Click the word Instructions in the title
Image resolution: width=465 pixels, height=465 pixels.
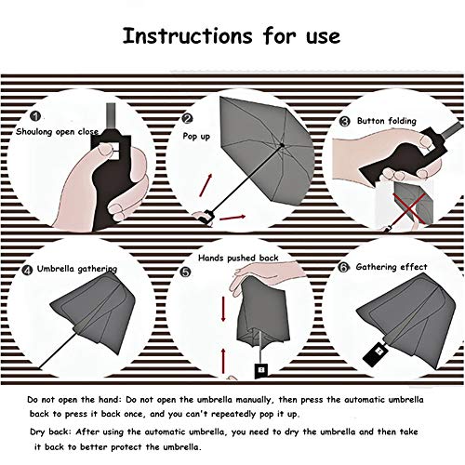click(188, 35)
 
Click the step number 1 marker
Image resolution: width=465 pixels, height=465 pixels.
click(35, 116)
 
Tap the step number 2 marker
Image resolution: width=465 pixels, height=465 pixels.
click(188, 118)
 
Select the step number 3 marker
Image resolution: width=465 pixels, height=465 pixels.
click(345, 121)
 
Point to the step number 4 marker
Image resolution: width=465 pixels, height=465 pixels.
click(27, 270)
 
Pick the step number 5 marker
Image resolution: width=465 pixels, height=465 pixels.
click(185, 272)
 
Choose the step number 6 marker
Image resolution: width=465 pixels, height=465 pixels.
click(343, 267)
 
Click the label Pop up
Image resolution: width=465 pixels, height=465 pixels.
click(196, 137)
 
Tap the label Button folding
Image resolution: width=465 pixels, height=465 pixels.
click(387, 121)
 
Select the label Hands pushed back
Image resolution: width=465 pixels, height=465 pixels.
click(238, 258)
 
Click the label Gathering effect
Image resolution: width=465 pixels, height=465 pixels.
click(392, 267)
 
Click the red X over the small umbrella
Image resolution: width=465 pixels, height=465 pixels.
click(409, 208)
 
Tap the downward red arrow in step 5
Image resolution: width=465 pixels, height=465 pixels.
click(223, 309)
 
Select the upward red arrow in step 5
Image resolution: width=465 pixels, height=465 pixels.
click(223, 361)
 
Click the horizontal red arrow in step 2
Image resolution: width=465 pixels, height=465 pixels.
click(232, 218)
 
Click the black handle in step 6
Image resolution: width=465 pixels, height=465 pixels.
click(375, 353)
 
